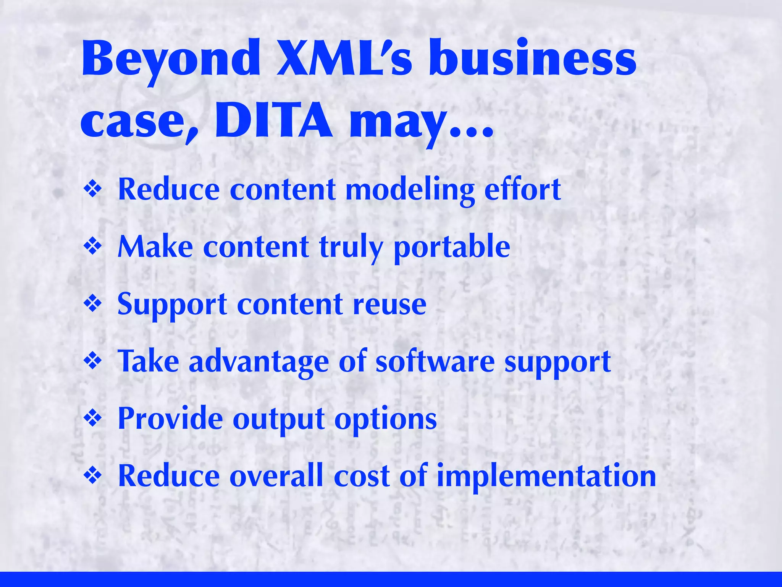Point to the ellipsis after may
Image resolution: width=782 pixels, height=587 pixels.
point(472,132)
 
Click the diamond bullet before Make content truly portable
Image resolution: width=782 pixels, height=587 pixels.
point(93,246)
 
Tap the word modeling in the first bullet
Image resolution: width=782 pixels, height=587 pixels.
point(410,190)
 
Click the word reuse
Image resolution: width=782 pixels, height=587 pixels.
point(389,305)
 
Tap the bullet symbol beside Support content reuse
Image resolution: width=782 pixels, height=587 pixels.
point(93,304)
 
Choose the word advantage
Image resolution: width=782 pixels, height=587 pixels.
point(259,362)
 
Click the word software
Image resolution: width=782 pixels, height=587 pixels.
point(435,362)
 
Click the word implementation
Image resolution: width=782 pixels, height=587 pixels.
point(546,477)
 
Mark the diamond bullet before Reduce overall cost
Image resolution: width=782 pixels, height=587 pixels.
point(93,476)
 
